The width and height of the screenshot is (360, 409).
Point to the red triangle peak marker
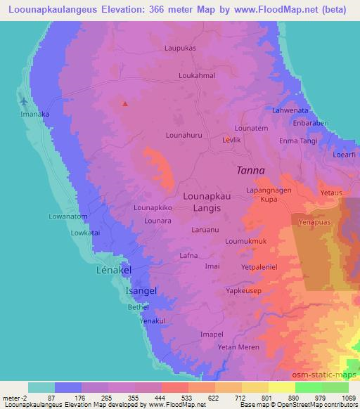[125, 104]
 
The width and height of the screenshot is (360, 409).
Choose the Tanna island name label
[250, 170]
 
